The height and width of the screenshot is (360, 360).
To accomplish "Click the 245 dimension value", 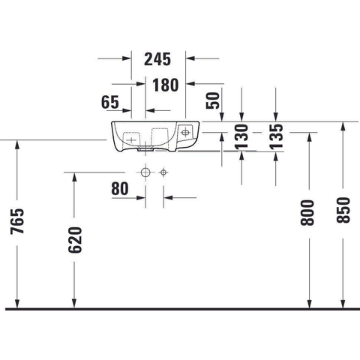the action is (x=157, y=59).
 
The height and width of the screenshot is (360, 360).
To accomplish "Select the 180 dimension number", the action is (x=166, y=85).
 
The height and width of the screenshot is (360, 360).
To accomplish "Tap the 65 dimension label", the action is (x=110, y=102).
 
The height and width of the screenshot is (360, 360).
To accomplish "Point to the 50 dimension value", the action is (x=213, y=100).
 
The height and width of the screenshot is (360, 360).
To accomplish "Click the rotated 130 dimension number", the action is (x=241, y=136).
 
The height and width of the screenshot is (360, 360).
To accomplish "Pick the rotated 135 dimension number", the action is (x=276, y=136).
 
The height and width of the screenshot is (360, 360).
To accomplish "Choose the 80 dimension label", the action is (x=120, y=188).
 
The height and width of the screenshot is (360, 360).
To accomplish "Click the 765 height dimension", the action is (x=17, y=221).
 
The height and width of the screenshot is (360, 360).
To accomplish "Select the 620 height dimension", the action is (x=75, y=240).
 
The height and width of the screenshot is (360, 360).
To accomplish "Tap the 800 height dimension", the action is (x=307, y=213).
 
